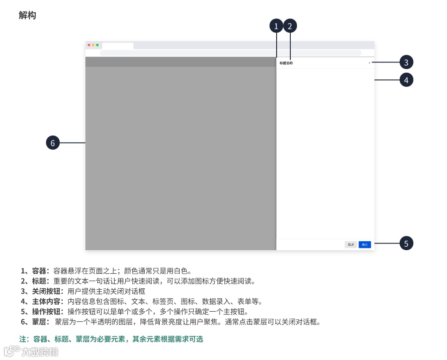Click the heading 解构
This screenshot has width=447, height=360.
pos(27,15)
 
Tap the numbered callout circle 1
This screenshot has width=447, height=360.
pos(276,26)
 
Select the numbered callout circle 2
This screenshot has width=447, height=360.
pos(290,26)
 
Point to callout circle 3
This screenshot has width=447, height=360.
pos(406,62)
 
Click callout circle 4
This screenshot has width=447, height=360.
pos(406,80)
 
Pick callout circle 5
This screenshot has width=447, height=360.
pos(406,243)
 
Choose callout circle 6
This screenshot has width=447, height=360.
pos(53,143)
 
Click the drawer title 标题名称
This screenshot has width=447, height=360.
pos(286,63)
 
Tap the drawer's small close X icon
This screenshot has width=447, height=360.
pos(370,63)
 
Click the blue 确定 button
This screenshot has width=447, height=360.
pos(365,244)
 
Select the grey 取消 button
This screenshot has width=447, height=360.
pos(351,244)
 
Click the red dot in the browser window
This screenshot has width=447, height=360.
pos(89,45)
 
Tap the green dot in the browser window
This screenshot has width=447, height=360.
pos(97,45)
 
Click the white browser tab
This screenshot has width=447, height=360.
pos(117,46)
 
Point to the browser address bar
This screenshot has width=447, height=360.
pos(230,53)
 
